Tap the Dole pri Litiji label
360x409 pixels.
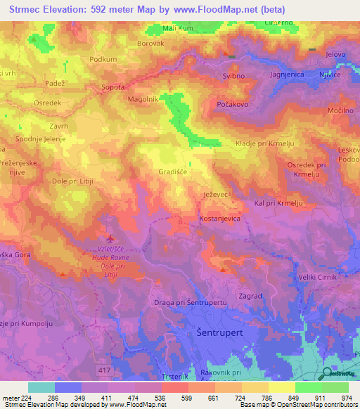click(x=72, y=181)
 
